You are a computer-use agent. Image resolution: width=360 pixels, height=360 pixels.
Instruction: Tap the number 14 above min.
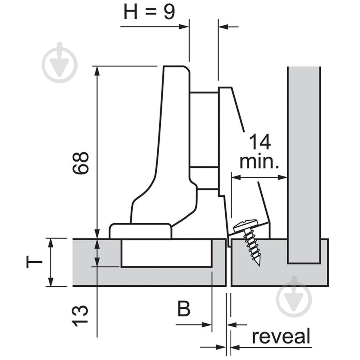click(260, 142)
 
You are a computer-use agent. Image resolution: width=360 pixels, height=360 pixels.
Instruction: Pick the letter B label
click(184, 309)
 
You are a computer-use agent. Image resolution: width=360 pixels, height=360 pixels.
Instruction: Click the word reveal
click(281, 336)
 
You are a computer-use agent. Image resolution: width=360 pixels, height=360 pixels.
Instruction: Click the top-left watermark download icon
click(60, 62)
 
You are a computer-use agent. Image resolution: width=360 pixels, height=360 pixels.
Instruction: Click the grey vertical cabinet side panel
click(304, 160)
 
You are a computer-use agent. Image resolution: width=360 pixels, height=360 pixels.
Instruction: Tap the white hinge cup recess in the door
click(166, 253)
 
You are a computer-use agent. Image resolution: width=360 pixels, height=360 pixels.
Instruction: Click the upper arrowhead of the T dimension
click(50, 242)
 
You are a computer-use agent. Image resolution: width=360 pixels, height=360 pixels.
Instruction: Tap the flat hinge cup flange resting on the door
click(140, 231)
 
